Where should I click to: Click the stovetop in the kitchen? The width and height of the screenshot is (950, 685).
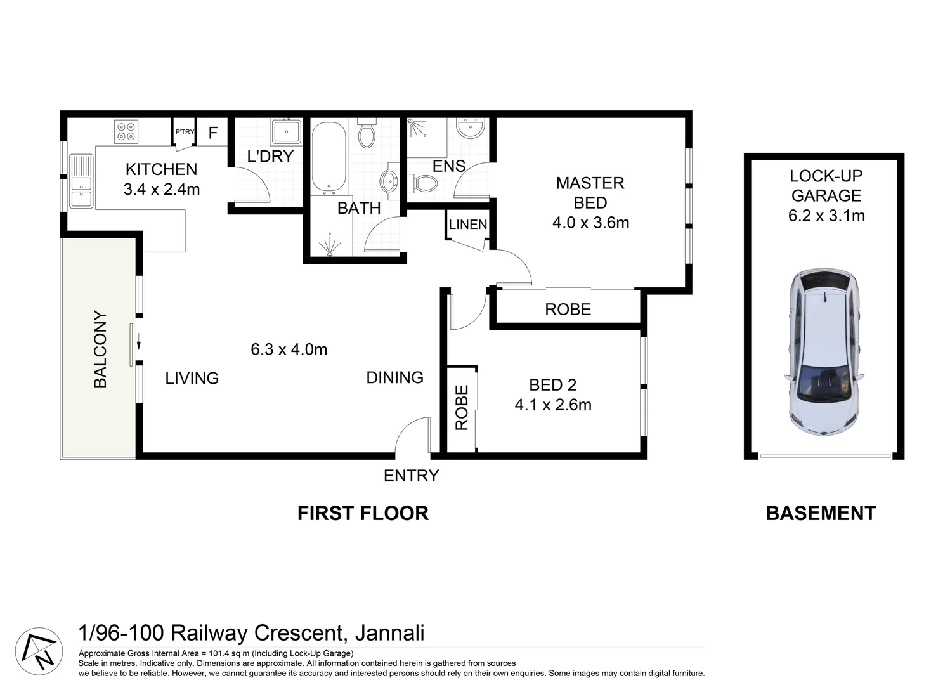(126, 131)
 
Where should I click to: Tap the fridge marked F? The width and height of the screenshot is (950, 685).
(213, 133)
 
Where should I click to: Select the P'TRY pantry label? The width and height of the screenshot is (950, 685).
(185, 132)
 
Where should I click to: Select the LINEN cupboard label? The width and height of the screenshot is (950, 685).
(468, 225)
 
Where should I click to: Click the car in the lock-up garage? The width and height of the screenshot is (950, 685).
(824, 351)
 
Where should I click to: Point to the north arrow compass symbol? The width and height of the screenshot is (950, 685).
(39, 651)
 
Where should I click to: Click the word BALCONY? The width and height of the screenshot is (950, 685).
(100, 349)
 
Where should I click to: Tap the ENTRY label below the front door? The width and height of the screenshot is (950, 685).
(411, 476)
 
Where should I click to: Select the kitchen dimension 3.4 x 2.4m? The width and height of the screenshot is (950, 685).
(162, 189)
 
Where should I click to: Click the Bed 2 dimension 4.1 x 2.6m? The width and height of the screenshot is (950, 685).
(553, 405)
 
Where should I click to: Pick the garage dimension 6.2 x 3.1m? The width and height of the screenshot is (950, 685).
(826, 216)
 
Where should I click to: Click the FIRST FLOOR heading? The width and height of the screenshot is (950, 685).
(363, 513)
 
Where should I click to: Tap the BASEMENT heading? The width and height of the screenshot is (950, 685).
(821, 513)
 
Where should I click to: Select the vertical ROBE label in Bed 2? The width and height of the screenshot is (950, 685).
(462, 408)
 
